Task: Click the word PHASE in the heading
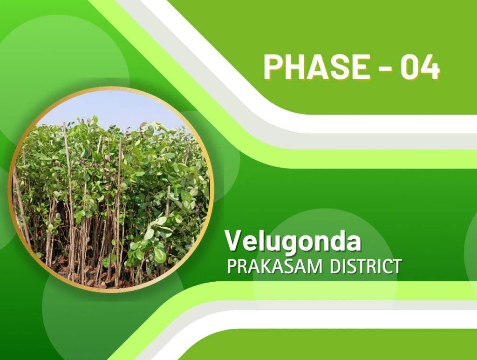click(317, 67)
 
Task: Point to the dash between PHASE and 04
click(385, 68)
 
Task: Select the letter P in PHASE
click(273, 67)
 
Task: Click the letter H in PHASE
click(296, 67)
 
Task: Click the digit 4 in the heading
click(430, 67)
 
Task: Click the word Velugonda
click(293, 242)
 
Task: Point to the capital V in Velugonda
click(234, 240)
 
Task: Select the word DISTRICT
click(366, 267)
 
